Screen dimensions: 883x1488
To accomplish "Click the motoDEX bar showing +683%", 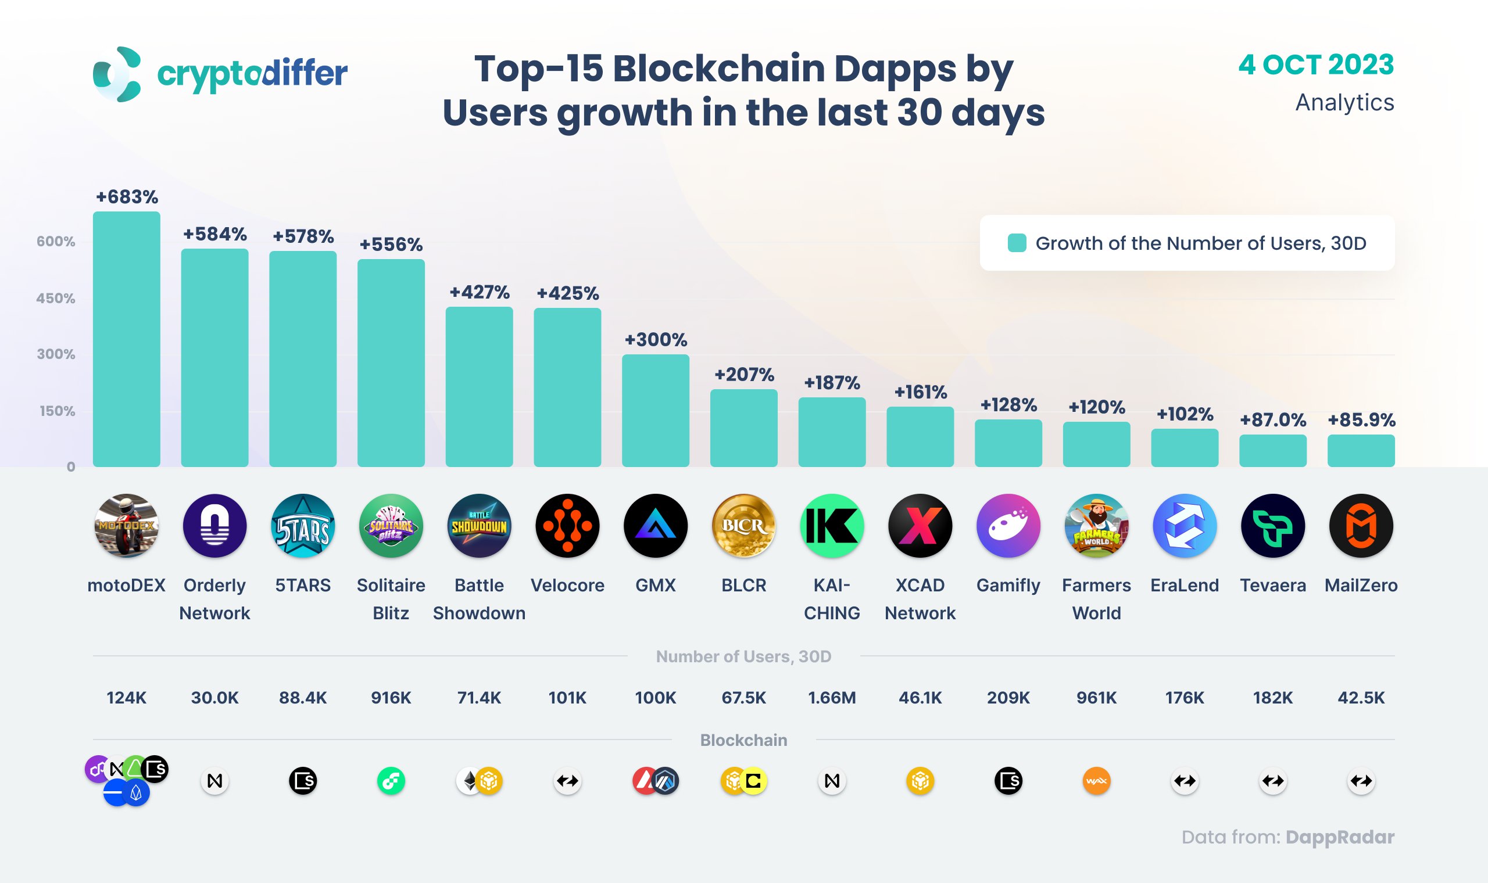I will tap(126, 339).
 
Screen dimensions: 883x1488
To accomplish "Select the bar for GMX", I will tap(655, 411).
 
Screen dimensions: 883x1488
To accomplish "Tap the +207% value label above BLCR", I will tap(744, 375).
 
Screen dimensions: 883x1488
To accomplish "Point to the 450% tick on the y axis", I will tap(55, 298).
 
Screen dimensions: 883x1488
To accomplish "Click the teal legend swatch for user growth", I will tap(1017, 243).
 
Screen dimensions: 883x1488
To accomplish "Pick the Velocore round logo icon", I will tap(567, 525).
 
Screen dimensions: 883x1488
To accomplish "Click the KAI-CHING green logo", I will tap(832, 525).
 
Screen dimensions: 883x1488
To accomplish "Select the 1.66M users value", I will tap(832, 697).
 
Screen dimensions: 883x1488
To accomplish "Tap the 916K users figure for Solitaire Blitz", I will tap(391, 697).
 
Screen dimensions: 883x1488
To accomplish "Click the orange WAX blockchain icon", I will tap(1096, 781).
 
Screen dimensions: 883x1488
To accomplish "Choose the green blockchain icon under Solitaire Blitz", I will tap(391, 781).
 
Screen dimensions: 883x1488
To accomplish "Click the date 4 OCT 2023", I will tap(1316, 65).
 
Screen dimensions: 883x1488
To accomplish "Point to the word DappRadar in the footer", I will tap(1339, 837).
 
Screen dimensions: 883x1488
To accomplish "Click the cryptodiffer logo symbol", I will tap(117, 74).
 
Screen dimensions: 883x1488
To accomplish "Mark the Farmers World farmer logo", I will tap(1096, 525).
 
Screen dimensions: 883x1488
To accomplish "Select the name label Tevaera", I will tap(1272, 585).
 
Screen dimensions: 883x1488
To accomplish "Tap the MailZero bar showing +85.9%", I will tap(1361, 450).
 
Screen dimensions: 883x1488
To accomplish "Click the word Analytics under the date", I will tap(1344, 102).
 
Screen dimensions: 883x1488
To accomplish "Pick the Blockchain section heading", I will tap(743, 740).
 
